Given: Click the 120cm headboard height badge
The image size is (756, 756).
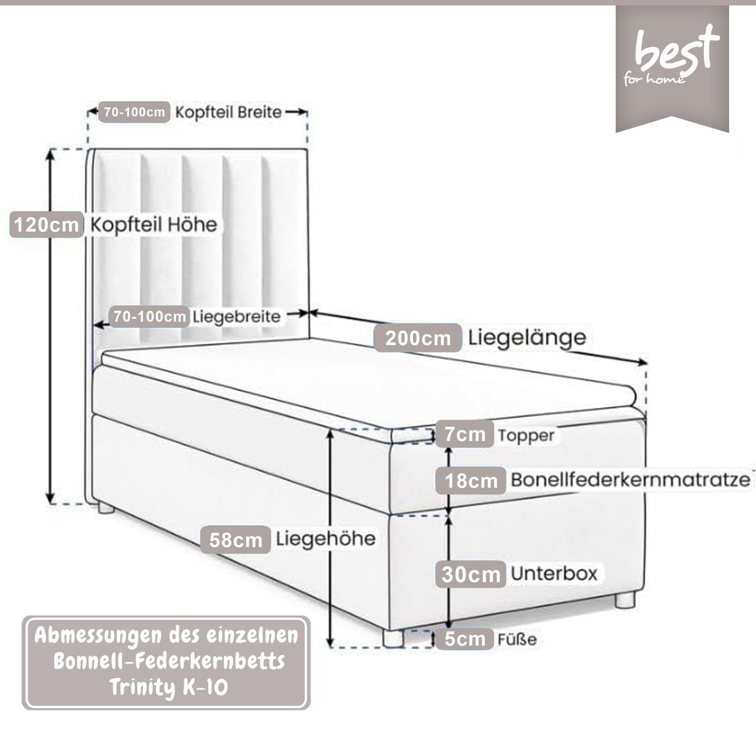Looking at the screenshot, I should [x=46, y=225].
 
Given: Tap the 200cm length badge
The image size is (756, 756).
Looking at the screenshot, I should [x=417, y=338].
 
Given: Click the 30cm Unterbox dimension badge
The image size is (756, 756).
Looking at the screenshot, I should [x=471, y=575].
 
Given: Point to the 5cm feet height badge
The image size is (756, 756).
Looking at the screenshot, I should [x=465, y=639].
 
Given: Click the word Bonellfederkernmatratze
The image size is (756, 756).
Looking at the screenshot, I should [x=630, y=480].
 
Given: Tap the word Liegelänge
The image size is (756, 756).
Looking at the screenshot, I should [x=527, y=337].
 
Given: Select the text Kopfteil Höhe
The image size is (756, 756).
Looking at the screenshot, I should [x=154, y=225].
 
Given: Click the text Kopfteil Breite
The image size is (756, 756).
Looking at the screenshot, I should [x=228, y=113].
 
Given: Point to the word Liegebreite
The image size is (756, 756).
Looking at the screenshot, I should [x=236, y=317].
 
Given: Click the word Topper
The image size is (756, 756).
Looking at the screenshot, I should [x=526, y=436].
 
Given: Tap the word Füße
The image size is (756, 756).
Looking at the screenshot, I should [x=517, y=640].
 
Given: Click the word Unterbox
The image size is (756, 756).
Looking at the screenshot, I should [x=554, y=574].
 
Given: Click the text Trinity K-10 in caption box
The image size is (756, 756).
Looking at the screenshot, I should [x=168, y=688].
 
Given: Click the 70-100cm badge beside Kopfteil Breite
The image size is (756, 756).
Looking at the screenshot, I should [x=134, y=112].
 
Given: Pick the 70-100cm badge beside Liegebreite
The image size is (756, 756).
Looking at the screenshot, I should [x=150, y=317].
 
